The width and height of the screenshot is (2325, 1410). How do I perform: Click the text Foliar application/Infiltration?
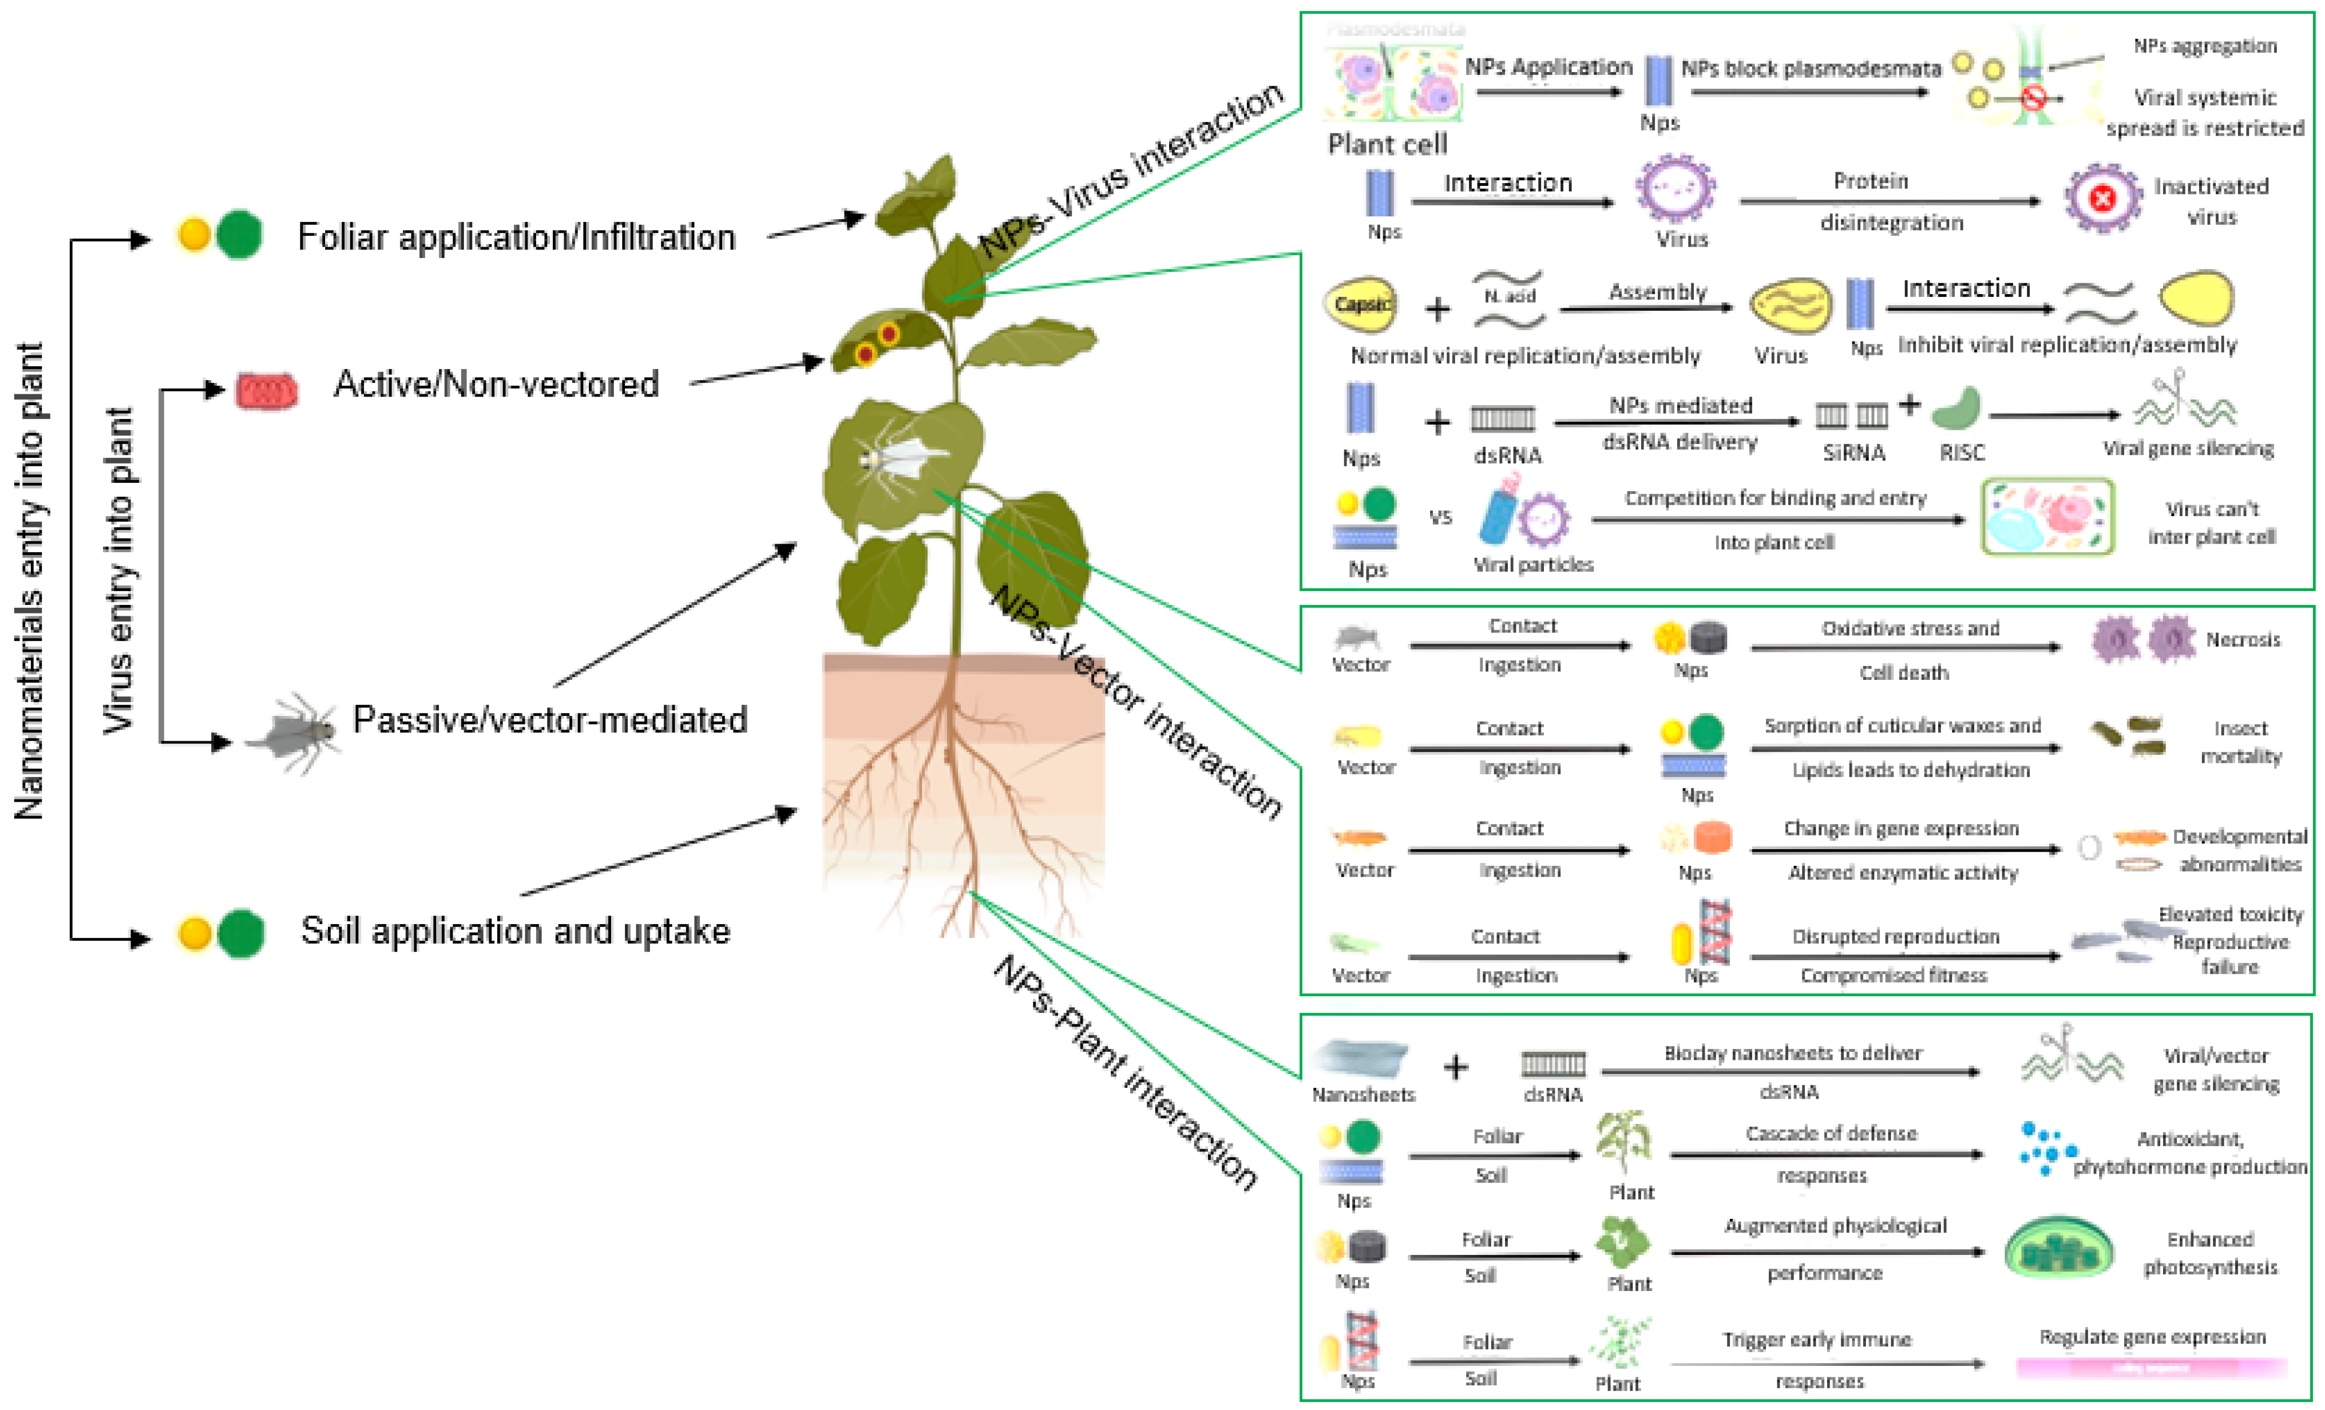(x=516, y=237)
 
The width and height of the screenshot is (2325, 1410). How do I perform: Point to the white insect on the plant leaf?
(x=896, y=460)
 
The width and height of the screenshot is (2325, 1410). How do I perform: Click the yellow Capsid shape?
(x=1361, y=304)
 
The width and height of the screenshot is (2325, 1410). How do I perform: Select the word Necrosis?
(x=2242, y=640)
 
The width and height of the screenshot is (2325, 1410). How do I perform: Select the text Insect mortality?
(x=2240, y=742)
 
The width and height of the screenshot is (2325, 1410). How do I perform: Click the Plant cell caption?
(x=1387, y=144)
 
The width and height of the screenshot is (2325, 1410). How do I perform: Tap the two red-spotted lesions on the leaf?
(x=877, y=343)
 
